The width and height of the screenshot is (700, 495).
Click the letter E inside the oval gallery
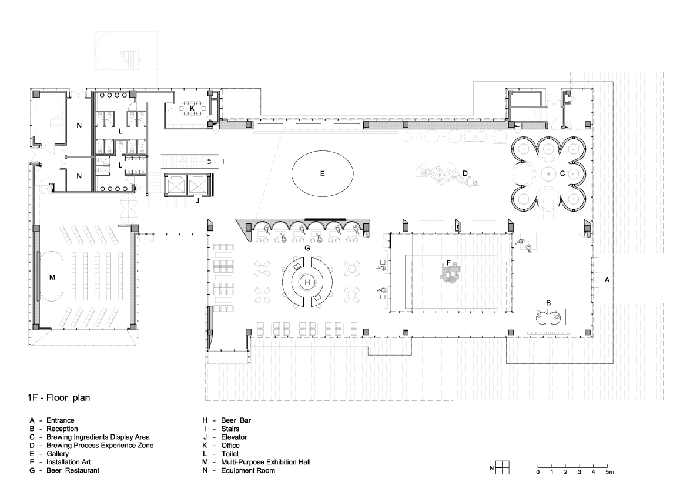[x=322, y=173]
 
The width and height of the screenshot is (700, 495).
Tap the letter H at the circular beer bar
[x=307, y=282]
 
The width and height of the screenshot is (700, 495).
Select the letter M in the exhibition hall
[x=52, y=277]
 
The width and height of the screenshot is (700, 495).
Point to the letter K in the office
[x=192, y=108]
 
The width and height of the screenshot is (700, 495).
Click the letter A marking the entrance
[x=607, y=280]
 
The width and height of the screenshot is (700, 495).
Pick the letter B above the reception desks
[x=549, y=303]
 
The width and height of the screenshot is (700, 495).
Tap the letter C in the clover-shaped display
[x=562, y=173]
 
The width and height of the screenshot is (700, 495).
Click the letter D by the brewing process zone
[x=465, y=173]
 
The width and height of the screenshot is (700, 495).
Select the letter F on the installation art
[x=448, y=263]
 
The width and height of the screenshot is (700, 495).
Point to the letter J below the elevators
[x=197, y=201]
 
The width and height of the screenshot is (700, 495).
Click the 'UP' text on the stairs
[x=209, y=162]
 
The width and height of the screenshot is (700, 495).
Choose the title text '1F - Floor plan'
[x=59, y=397]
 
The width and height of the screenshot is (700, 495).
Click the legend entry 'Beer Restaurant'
[x=73, y=470]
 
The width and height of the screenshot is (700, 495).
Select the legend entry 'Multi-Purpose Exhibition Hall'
[x=266, y=462]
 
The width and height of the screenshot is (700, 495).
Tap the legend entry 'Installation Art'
[x=68, y=462]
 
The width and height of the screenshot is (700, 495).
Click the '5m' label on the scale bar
[x=610, y=472]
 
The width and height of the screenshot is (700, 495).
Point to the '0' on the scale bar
[x=538, y=472]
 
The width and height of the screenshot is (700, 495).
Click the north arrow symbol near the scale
[x=503, y=468]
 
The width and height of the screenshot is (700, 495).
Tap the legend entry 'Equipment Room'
[x=248, y=470]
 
